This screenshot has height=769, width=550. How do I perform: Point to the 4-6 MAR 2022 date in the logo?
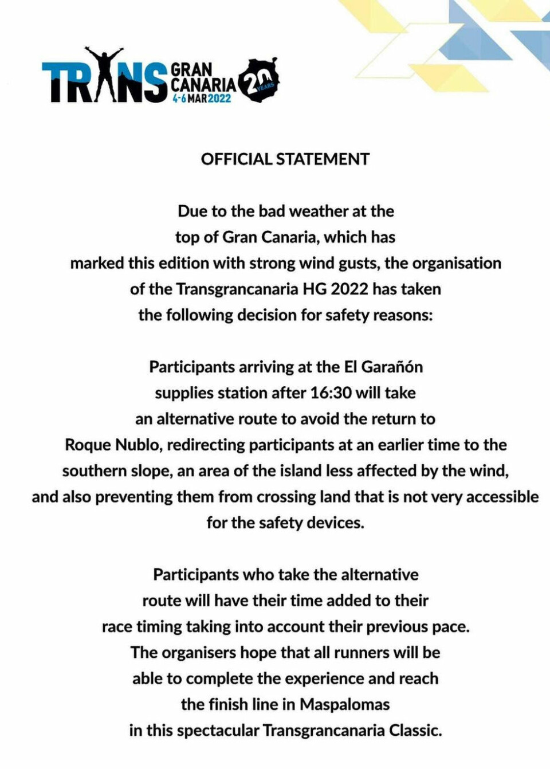pos(202,99)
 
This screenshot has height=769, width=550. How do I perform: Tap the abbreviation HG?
pos(315,289)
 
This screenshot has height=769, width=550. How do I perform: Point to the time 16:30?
pos(331,393)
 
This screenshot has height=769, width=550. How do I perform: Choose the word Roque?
pos(88,445)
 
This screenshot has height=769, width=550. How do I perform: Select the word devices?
pos(335,523)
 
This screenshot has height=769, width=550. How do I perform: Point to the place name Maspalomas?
pos(344,704)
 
